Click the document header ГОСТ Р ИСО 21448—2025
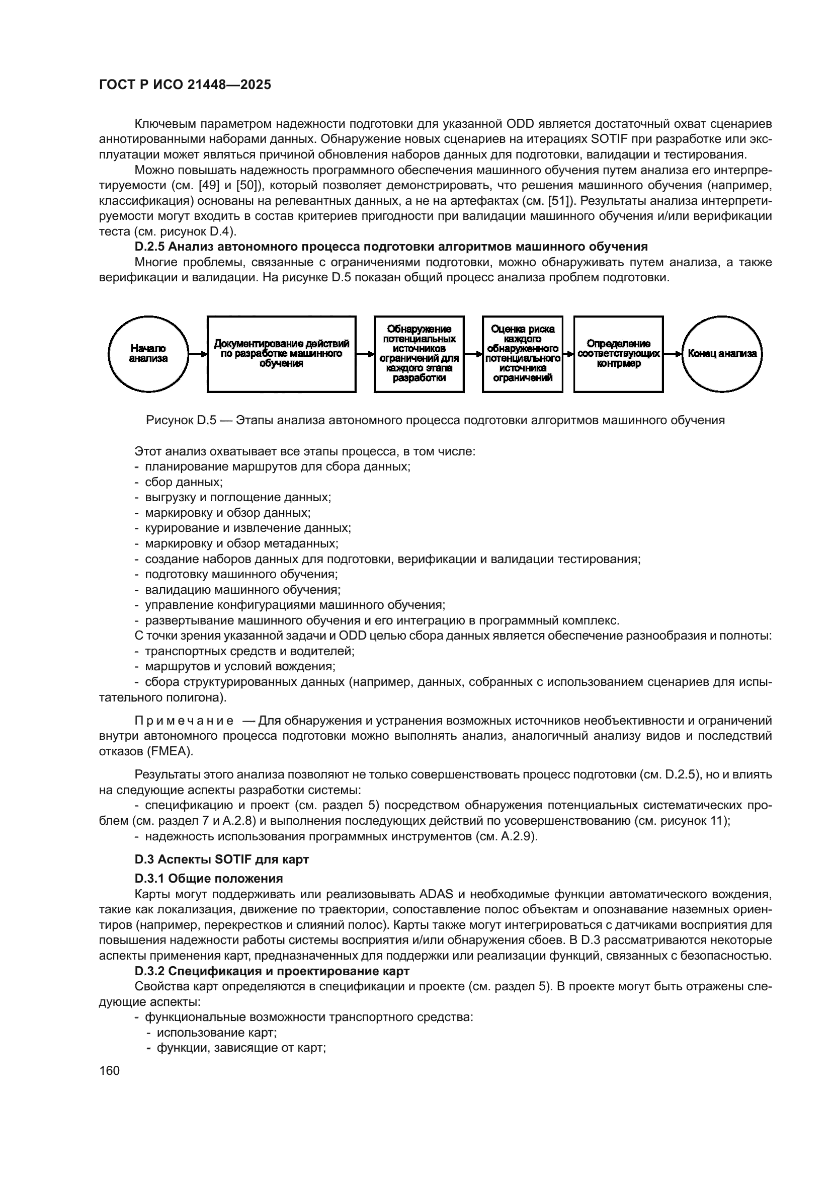pyautogui.click(x=185, y=85)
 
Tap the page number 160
pyautogui.click(x=109, y=1070)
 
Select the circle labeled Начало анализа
pyautogui.click(x=148, y=354)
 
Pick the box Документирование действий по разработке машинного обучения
pyautogui.click(x=281, y=354)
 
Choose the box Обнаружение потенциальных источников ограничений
pyautogui.click(x=419, y=354)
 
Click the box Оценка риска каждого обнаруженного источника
pyautogui.click(x=522, y=354)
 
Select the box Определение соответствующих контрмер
pyautogui.click(x=618, y=354)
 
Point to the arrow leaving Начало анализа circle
pyautogui.click(x=198, y=354)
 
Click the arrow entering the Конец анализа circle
pyautogui.click(x=673, y=354)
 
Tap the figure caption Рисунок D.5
pyautogui.click(x=435, y=421)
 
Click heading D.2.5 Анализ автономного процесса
pyautogui.click(x=391, y=247)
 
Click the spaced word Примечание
pyautogui.click(x=184, y=721)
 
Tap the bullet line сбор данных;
pyautogui.click(x=184, y=482)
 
